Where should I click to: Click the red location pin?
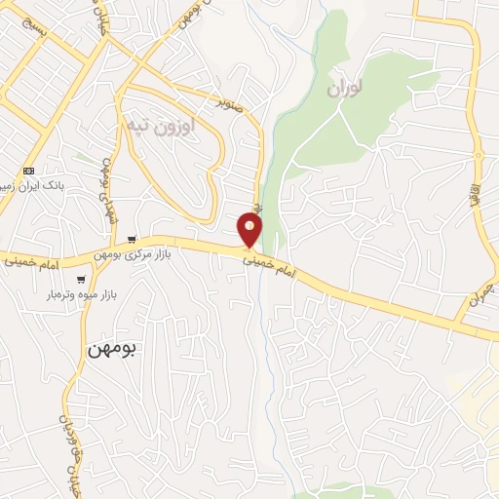pyautogui.click(x=250, y=230)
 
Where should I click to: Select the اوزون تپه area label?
pyautogui.click(x=161, y=126)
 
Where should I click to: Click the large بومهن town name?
pyautogui.click(x=106, y=350)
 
